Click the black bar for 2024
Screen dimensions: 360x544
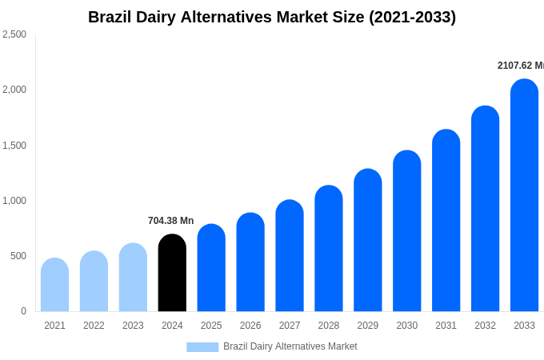coord(172,274)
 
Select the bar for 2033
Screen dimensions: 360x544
coord(524,196)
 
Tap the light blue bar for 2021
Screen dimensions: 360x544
coord(54,286)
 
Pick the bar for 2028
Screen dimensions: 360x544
coord(329,249)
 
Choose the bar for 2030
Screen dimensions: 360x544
coord(406,232)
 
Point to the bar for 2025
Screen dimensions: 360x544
coord(211,268)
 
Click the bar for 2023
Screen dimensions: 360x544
coord(133,278)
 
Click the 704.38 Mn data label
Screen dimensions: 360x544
coord(170,221)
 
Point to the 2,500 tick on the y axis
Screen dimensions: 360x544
coord(14,34)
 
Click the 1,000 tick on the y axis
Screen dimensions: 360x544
coord(14,201)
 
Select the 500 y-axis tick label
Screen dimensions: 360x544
coord(18,256)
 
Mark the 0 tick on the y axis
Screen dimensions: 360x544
coord(23,311)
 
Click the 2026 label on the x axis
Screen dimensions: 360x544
coord(250,326)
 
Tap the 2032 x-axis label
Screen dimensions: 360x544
coord(485,326)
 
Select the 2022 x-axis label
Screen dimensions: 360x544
coord(94,326)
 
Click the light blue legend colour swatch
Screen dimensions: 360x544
coord(202,346)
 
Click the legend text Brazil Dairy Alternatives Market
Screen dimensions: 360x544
coord(290,346)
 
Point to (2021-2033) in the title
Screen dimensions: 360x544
coord(412,17)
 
